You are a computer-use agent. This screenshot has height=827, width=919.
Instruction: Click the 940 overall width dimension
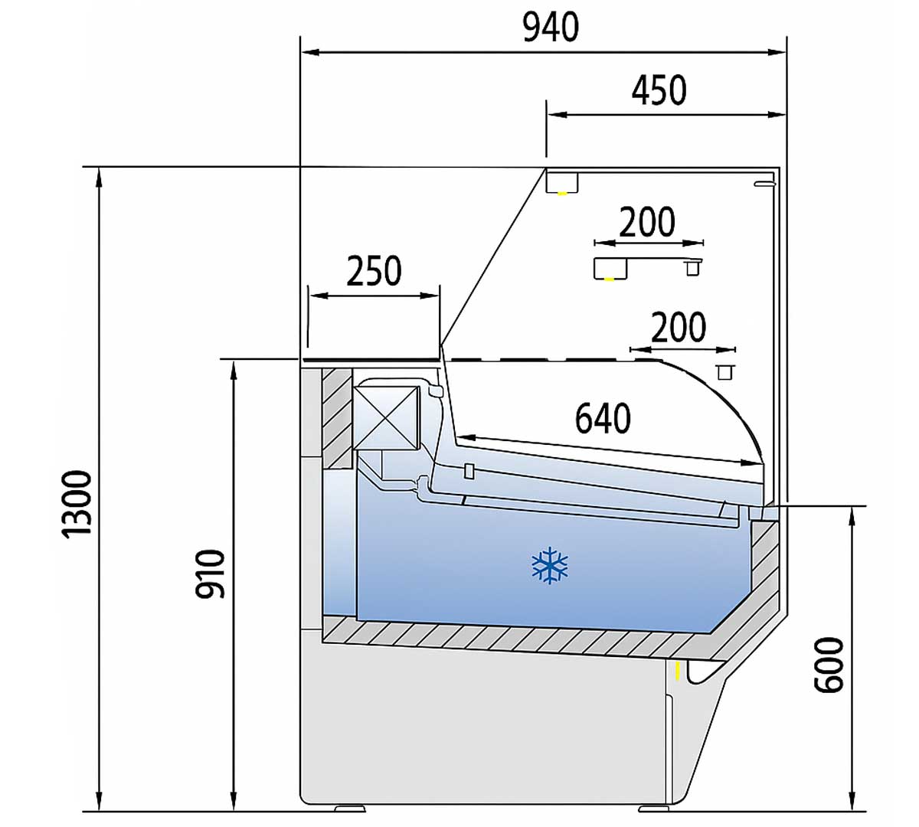[550, 28]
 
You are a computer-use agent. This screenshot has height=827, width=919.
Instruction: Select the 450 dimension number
[659, 90]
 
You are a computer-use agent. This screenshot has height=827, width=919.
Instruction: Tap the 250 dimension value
[374, 270]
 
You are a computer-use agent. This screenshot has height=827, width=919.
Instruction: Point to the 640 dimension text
[603, 418]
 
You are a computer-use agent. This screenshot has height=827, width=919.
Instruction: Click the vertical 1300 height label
[78, 503]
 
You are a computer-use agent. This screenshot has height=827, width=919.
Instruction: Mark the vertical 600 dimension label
[828, 665]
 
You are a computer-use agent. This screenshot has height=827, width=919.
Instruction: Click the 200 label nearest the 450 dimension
[647, 223]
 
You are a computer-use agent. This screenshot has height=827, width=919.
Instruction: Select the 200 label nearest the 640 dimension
[679, 327]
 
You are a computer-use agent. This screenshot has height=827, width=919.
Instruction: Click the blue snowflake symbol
[550, 566]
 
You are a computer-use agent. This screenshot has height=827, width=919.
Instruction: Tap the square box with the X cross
[386, 417]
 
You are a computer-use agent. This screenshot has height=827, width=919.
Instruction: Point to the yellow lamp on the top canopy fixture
[562, 193]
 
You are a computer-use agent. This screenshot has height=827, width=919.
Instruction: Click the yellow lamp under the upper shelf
[610, 279]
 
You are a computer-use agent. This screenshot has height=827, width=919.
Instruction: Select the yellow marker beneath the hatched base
[678, 671]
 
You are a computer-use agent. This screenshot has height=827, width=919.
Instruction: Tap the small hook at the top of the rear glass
[764, 184]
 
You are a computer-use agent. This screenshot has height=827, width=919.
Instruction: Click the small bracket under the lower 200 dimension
[724, 372]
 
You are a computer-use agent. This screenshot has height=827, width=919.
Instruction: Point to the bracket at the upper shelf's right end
[692, 268]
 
